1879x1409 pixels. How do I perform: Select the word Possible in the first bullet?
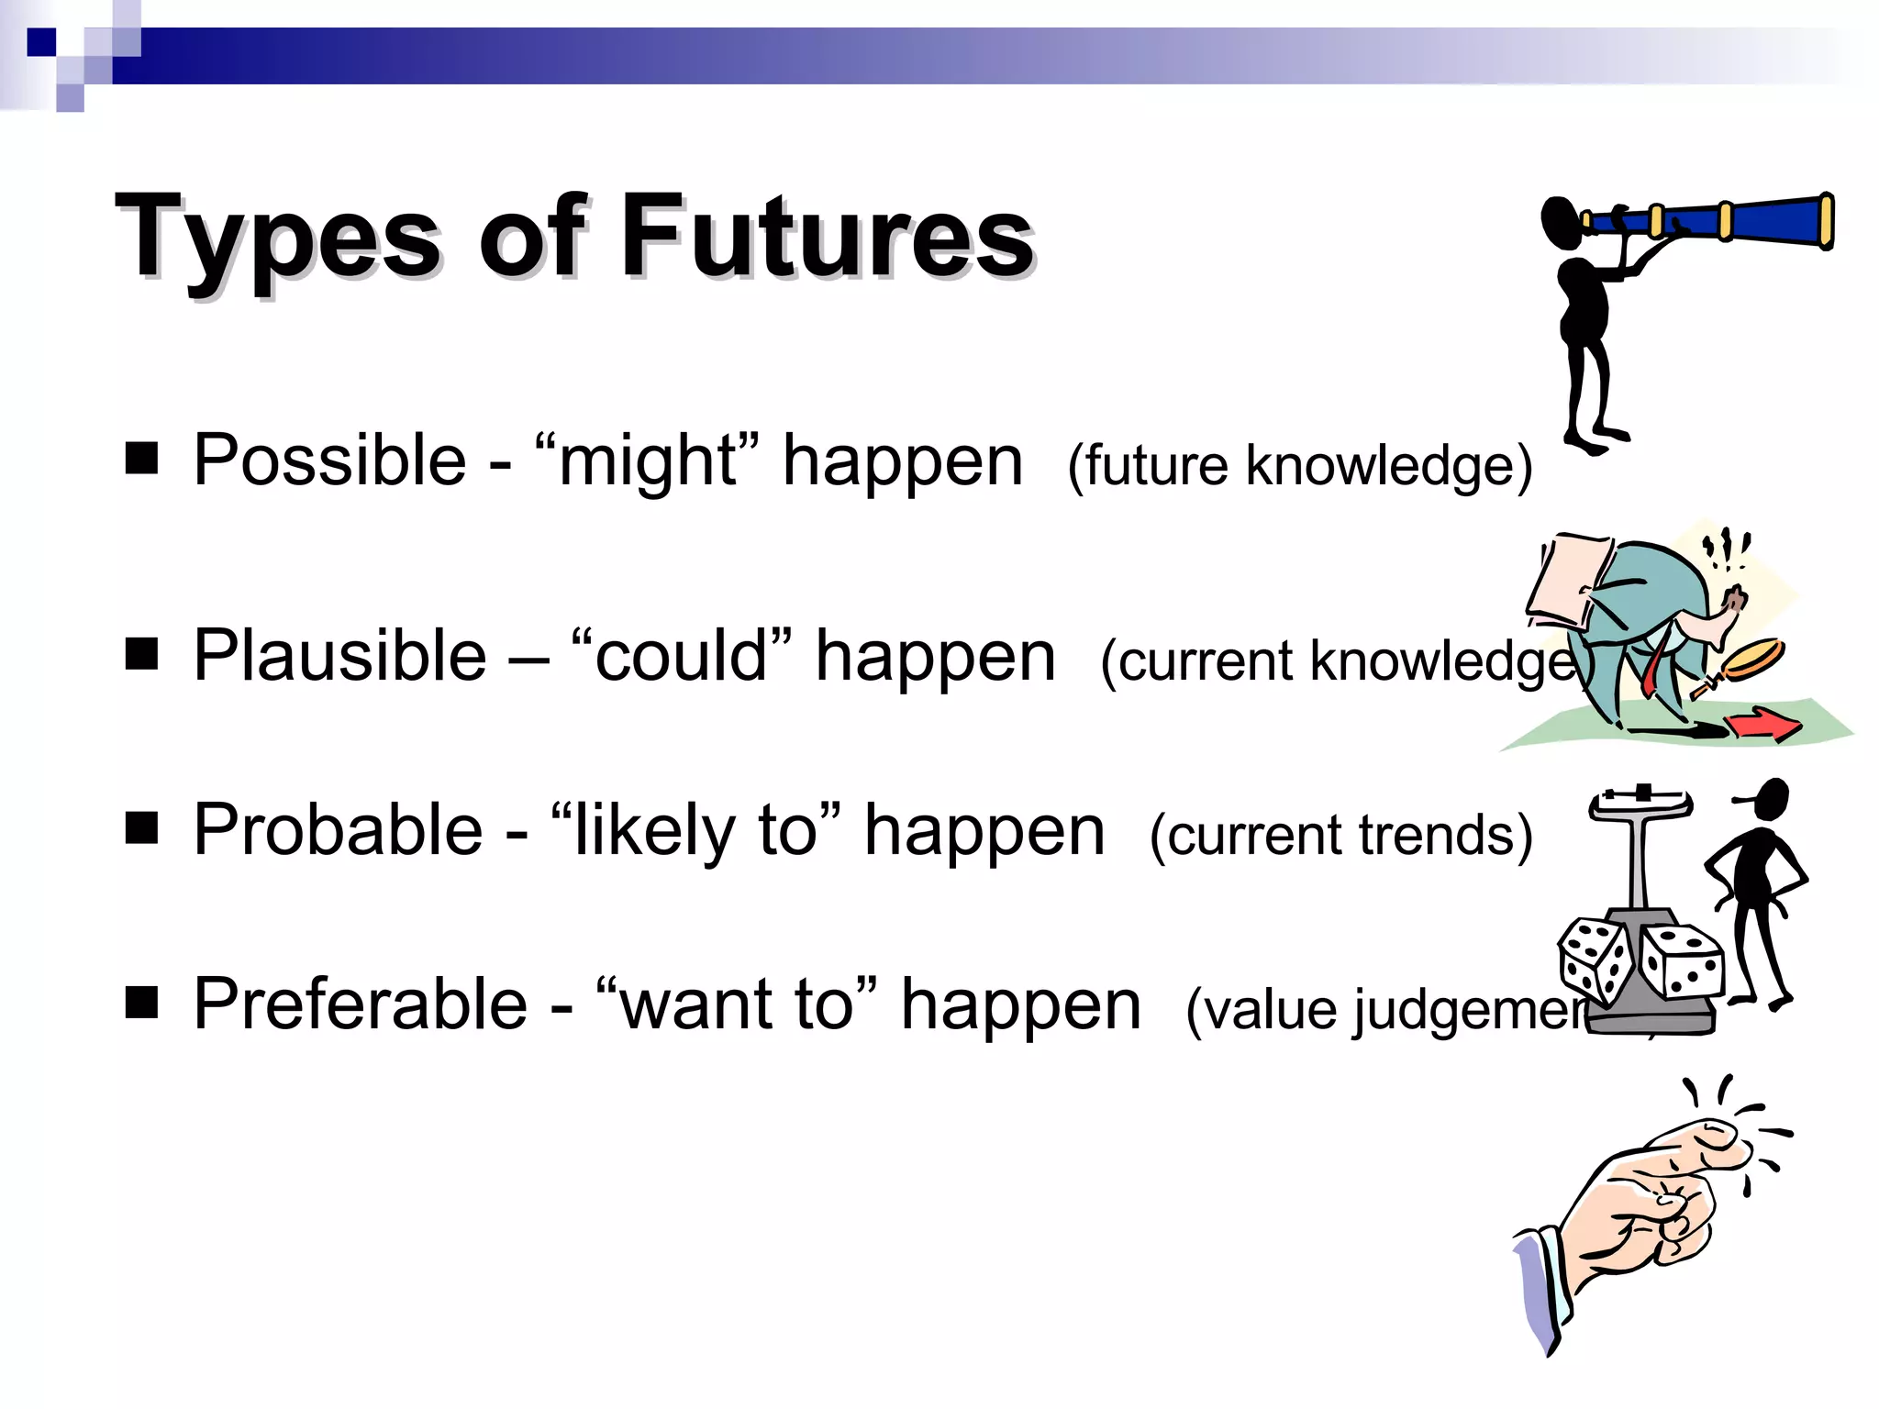click(x=329, y=460)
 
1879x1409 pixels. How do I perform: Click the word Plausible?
click(x=339, y=656)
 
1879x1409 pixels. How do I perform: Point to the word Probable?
click(x=338, y=830)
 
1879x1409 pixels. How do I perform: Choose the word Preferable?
click(x=360, y=1004)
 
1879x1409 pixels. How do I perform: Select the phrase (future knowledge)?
click(x=1299, y=465)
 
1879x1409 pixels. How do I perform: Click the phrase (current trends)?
click(x=1340, y=835)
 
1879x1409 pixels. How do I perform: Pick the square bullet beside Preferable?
click(x=141, y=1003)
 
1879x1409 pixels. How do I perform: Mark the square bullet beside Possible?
click(x=141, y=458)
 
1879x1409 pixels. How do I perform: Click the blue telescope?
click(x=1725, y=220)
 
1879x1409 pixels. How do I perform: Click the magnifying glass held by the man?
click(x=1752, y=659)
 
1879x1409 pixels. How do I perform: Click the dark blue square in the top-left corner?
click(x=41, y=41)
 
